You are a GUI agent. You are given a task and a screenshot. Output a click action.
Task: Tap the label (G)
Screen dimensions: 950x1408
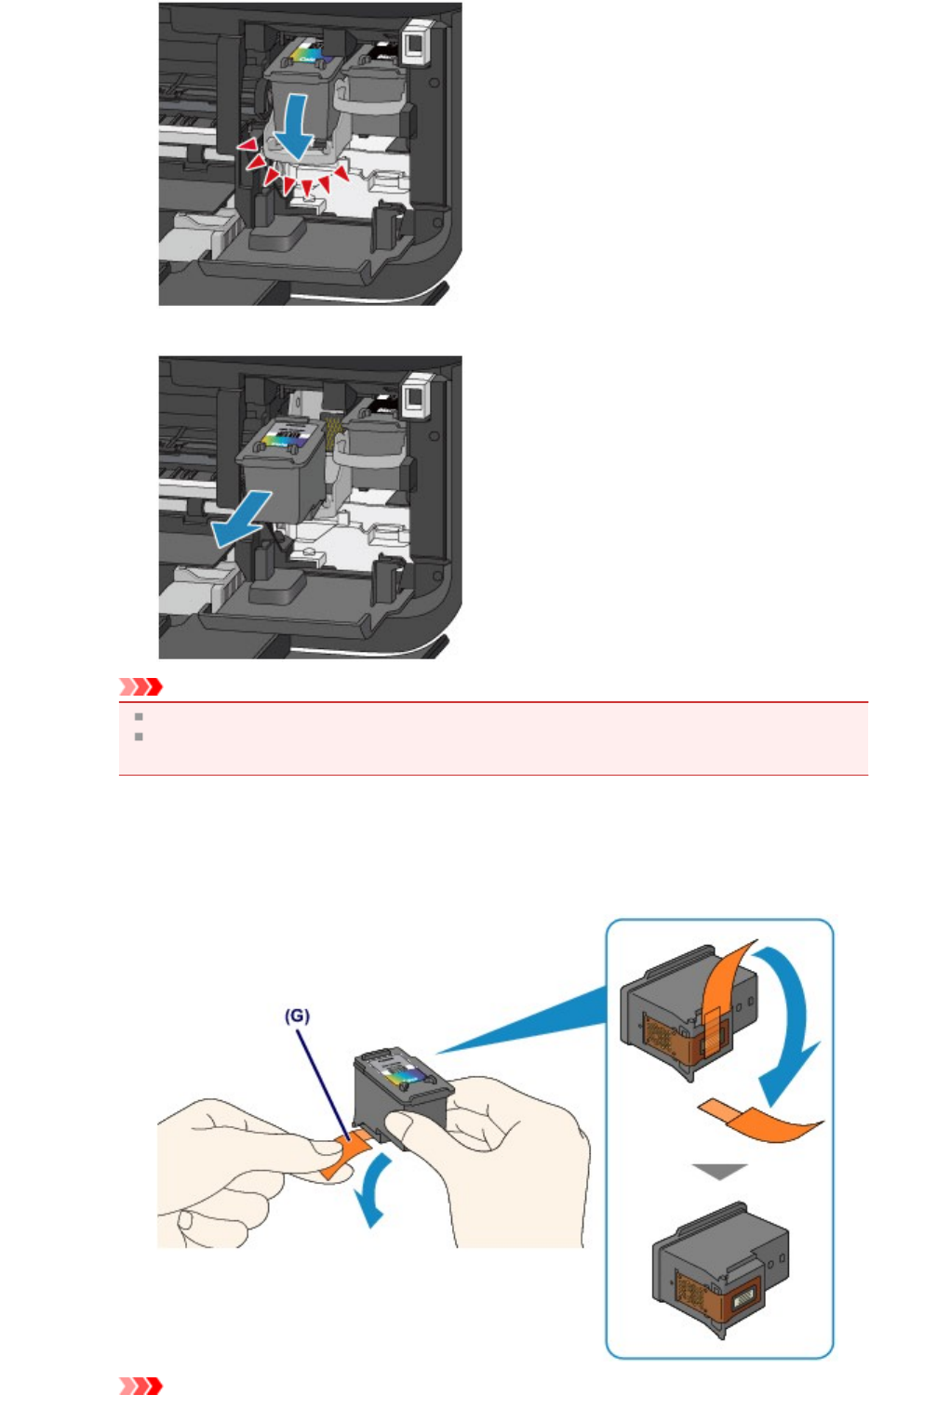297,1016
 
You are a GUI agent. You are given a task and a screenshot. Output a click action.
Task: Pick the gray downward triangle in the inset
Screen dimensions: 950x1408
720,1172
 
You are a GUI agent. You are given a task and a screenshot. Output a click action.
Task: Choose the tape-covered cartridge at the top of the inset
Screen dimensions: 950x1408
689,1009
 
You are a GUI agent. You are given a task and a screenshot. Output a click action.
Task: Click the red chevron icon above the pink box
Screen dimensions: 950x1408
141,687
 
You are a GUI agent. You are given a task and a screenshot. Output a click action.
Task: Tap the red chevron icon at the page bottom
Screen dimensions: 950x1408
141,1387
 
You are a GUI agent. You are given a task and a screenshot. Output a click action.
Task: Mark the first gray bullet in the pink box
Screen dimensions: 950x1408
139,717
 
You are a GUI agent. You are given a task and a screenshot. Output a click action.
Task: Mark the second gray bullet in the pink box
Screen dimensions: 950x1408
139,737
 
